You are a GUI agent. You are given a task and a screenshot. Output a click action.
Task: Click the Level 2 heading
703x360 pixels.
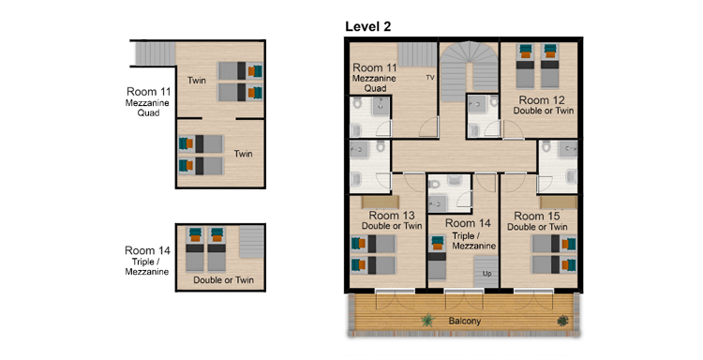coord(367,26)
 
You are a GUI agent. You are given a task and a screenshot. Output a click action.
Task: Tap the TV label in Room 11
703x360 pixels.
coord(430,78)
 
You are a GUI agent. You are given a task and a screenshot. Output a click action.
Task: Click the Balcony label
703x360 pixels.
coord(465,322)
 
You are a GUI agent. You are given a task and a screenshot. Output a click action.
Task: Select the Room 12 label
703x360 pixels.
coord(542,100)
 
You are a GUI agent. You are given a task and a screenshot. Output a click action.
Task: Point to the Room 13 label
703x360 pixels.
coord(392,216)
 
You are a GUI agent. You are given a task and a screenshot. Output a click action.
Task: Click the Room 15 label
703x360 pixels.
coord(537,216)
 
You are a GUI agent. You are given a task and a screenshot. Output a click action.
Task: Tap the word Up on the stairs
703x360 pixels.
coord(486,274)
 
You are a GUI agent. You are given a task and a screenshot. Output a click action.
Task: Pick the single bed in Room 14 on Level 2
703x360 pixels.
coord(438,258)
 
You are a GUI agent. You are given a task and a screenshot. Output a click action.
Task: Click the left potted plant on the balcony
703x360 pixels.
coord(427,321)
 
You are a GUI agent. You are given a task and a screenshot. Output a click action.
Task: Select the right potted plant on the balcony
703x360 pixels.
coord(562,321)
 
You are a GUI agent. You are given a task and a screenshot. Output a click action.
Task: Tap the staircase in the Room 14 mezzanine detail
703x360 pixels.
coord(251,242)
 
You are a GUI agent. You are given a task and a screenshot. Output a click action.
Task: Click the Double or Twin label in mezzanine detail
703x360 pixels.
coord(223,280)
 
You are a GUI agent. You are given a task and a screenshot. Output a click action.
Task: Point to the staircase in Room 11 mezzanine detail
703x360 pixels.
coord(155,53)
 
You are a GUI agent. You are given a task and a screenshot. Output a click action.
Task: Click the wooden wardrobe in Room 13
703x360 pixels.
coord(374,202)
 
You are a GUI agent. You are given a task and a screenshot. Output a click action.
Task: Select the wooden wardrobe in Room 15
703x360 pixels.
coord(559,202)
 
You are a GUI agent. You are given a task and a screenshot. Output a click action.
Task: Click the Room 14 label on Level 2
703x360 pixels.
coord(468,223)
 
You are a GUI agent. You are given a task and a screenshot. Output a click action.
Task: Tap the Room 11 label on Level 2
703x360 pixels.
coord(374,68)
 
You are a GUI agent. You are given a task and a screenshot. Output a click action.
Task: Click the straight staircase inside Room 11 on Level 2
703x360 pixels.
coord(417,54)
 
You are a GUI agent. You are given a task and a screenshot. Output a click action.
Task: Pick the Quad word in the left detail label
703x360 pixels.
coord(148,113)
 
